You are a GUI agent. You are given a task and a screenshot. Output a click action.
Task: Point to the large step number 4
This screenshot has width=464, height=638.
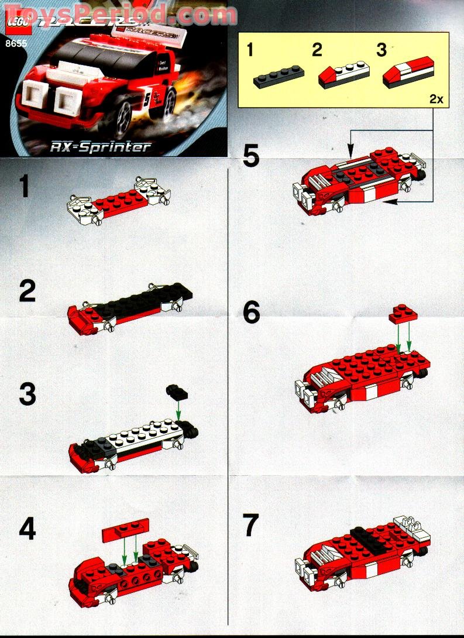click(x=27, y=530)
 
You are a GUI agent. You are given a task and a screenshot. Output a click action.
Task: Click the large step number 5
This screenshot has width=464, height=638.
click(x=252, y=156)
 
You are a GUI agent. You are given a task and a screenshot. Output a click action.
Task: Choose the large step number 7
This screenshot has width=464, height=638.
click(x=252, y=526)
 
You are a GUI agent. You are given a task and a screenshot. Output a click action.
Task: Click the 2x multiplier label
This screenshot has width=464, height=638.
click(x=436, y=100)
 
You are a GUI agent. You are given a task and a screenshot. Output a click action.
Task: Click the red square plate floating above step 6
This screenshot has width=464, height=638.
click(x=403, y=313)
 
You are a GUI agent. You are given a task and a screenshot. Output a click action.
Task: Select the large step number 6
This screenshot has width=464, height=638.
click(x=252, y=314)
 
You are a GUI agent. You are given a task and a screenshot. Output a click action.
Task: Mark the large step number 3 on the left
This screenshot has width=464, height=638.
click(x=27, y=395)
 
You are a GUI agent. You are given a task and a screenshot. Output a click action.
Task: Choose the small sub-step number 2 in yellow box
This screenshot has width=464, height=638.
click(x=317, y=50)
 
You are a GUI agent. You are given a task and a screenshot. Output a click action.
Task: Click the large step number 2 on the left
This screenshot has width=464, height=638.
click(x=27, y=292)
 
